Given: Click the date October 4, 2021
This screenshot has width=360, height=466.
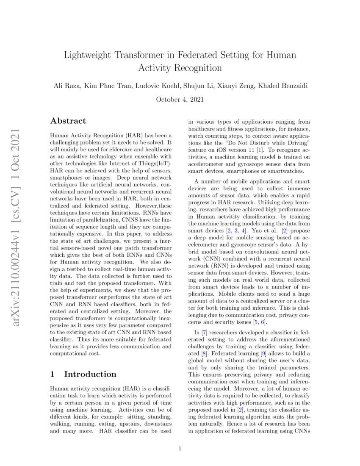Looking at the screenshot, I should (x=180, y=100).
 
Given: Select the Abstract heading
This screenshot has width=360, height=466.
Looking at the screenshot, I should (x=68, y=121).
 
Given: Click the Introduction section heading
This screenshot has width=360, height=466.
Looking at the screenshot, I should (x=90, y=374).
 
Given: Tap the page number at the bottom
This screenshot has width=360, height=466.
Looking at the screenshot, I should (x=180, y=449).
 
